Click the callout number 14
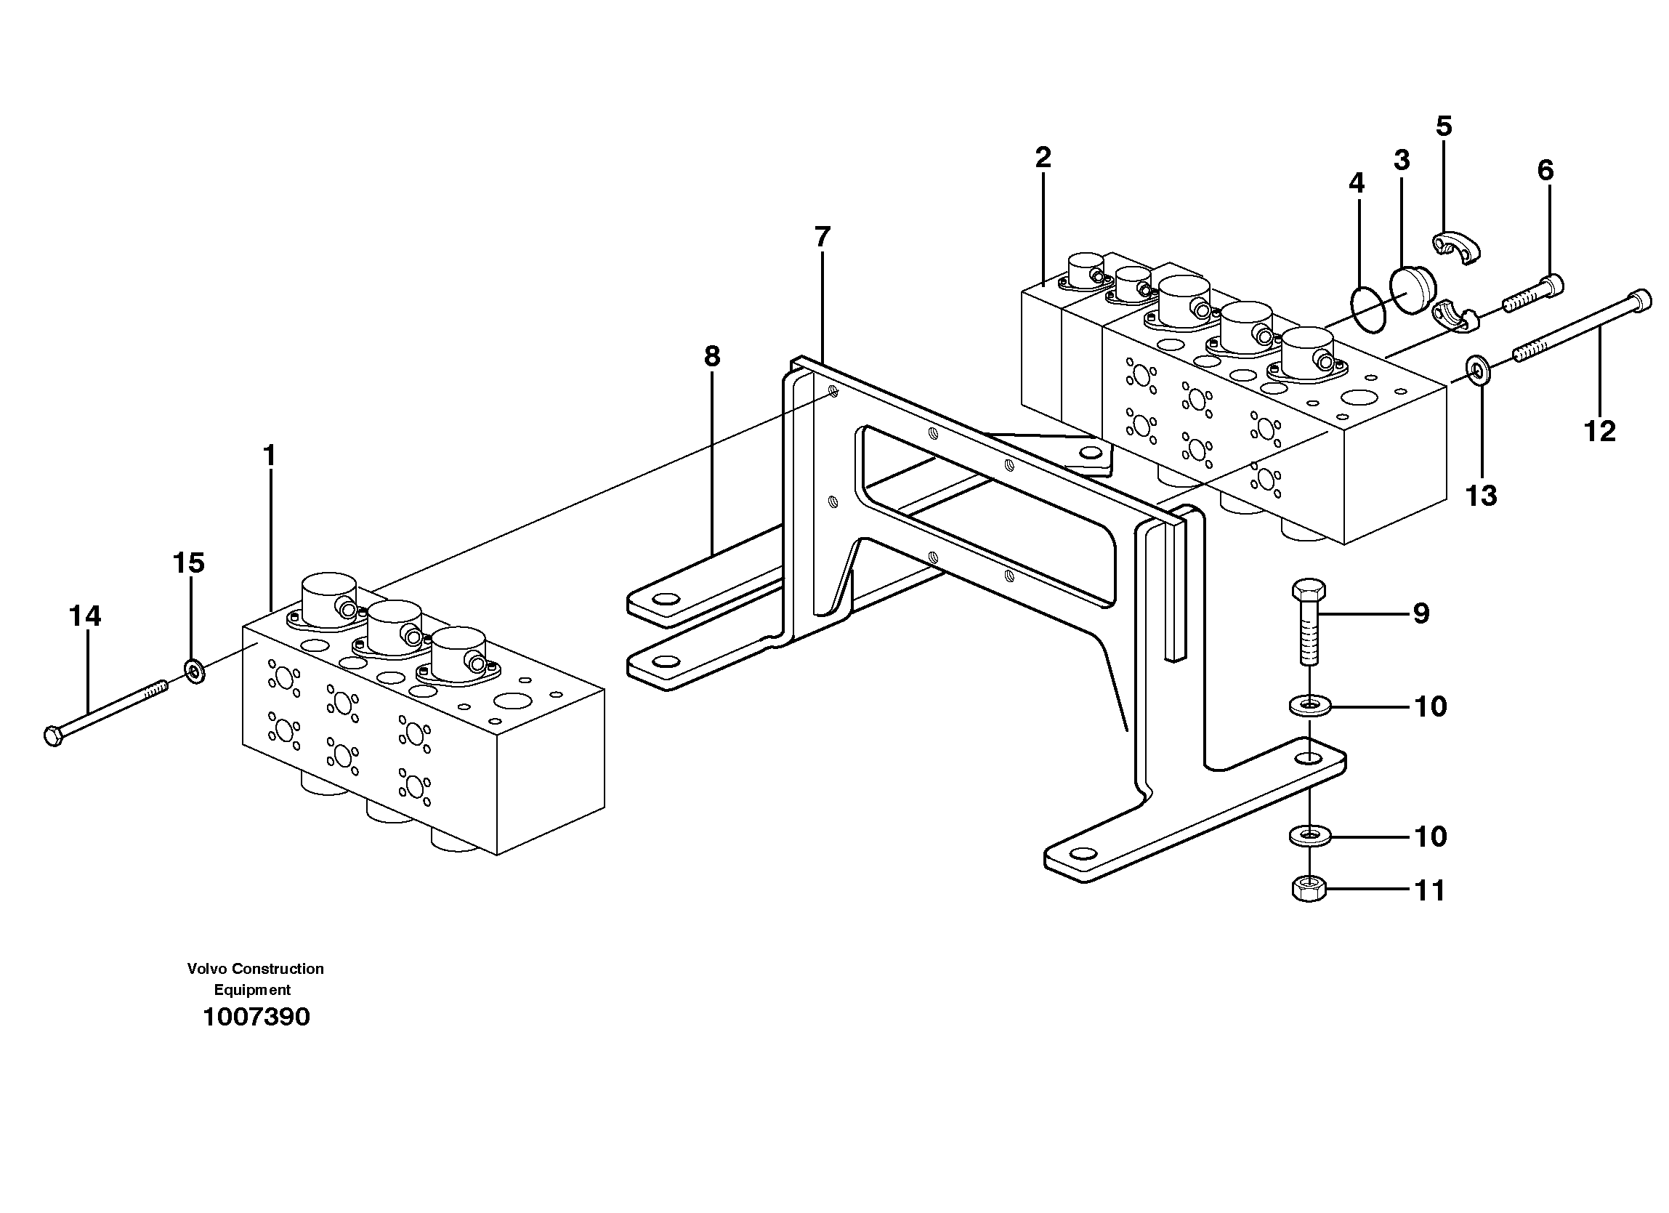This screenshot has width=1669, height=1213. coord(84,616)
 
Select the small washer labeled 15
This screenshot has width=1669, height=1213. coord(194,671)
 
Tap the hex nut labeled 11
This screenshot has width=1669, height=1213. coord(1309,890)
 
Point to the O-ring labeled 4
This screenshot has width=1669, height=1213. coord(1368,309)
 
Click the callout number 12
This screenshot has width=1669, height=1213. coord(1599,431)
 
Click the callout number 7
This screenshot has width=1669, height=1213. coord(822,237)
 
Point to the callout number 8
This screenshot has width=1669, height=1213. coord(711,357)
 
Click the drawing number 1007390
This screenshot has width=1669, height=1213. coord(256,1017)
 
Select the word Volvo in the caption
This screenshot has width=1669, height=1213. coord(206,969)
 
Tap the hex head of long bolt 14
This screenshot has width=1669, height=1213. coord(54,736)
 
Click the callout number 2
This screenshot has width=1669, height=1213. coord(1043,158)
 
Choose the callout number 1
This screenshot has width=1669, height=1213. coord(270,456)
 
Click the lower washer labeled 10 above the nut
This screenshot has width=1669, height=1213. coord(1309,836)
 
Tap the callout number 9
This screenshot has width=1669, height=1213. coord(1421,613)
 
